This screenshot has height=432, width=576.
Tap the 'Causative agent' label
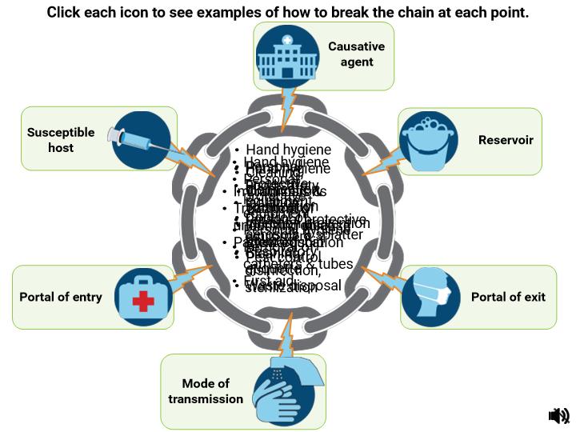coord(356,54)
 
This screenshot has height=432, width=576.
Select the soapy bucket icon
coord(428,141)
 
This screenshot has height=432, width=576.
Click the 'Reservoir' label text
coord(506,140)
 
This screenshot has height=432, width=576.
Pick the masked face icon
coord(430,297)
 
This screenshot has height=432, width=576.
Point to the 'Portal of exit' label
coord(508,297)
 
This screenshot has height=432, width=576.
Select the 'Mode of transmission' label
coord(206,391)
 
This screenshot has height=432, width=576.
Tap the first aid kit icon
coord(144,298)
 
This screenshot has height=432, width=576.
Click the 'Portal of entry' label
coord(61,297)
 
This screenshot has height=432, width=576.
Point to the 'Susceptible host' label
coord(61,140)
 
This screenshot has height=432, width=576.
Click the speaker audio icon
coord(558,414)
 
